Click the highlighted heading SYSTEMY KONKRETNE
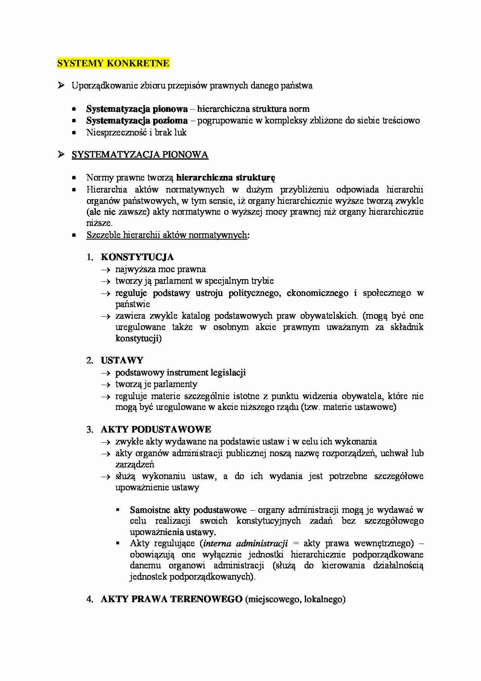click(x=113, y=63)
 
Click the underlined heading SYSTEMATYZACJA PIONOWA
click(x=140, y=155)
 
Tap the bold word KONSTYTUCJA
click(x=137, y=257)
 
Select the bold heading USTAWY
click(x=122, y=360)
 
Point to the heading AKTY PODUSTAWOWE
click(x=156, y=429)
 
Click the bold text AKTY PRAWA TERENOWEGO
click(x=171, y=599)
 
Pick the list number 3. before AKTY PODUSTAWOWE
click(x=90, y=429)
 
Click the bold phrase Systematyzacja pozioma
click(x=137, y=121)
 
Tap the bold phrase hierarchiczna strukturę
click(x=225, y=178)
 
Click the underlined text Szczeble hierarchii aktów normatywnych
click(x=166, y=235)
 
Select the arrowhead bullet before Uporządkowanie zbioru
click(x=61, y=85)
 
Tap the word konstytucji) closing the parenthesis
click(x=138, y=339)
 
